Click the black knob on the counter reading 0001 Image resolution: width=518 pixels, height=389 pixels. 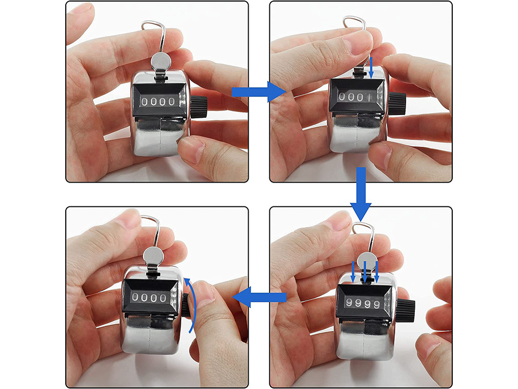point(397,104)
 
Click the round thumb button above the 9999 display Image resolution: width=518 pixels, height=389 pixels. point(367,260)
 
